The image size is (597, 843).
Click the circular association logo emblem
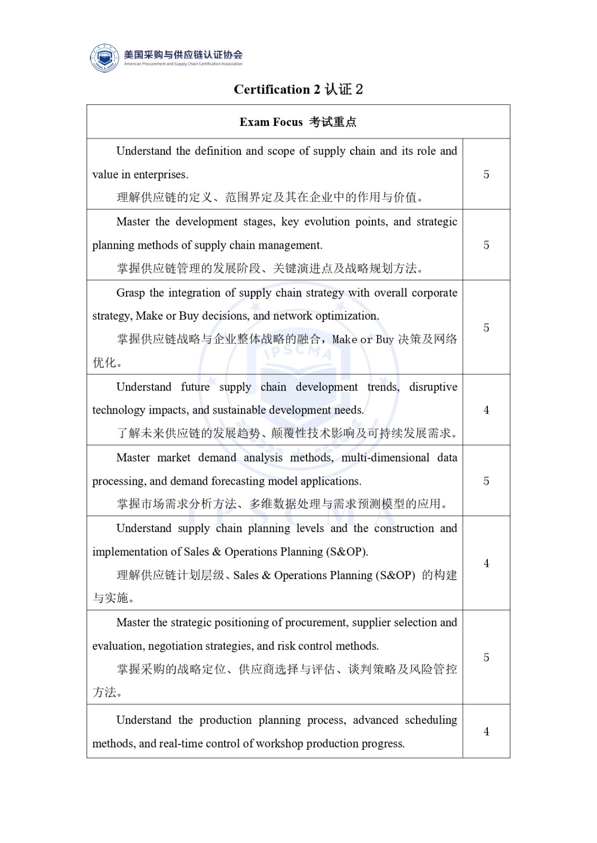click(104, 57)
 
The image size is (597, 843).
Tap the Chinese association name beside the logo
click(183, 54)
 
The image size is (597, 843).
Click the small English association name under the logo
click(183, 64)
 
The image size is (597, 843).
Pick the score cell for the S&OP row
click(486, 563)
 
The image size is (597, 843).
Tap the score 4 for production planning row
click(486, 731)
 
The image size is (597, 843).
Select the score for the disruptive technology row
click(486, 410)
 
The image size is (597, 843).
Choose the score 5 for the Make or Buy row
click(486, 328)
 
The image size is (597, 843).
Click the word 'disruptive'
click(433, 387)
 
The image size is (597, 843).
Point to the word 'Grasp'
click(130, 293)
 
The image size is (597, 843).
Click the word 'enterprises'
click(160, 175)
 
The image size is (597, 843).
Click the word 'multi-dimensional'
click(385, 458)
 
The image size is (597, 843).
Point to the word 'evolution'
click(327, 222)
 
